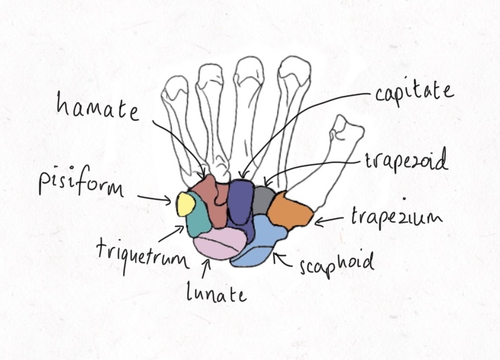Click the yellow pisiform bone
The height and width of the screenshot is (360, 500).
coord(186,204)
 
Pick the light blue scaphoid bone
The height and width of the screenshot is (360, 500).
coord(258,240)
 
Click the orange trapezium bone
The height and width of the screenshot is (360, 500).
coord(290,210)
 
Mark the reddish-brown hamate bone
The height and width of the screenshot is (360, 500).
coord(211,201)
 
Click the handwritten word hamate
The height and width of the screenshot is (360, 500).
coord(98,107)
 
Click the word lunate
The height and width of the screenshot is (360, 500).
coord(217,292)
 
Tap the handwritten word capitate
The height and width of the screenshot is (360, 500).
coord(414,93)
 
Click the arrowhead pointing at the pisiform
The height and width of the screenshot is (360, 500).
coord(168,200)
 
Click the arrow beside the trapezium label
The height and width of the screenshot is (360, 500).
coord(329,221)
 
